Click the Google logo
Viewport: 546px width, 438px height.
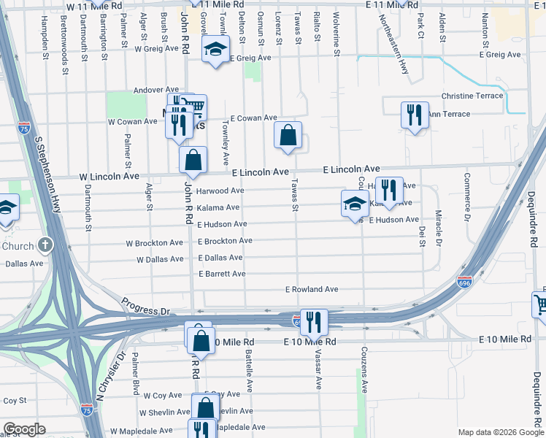click(24, 429)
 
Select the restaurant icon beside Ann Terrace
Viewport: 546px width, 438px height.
click(414, 115)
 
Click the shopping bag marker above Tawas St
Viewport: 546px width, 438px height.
click(288, 135)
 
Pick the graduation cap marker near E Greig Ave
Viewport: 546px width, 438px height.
click(215, 50)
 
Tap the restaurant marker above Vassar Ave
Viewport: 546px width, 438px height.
click(313, 321)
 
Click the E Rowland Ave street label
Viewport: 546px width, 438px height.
click(312, 289)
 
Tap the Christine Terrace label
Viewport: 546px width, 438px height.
click(472, 96)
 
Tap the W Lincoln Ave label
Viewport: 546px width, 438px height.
click(109, 176)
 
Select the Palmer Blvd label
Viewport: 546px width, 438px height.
click(136, 376)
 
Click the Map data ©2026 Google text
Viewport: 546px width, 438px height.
click(500, 431)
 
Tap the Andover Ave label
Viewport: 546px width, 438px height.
click(155, 90)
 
